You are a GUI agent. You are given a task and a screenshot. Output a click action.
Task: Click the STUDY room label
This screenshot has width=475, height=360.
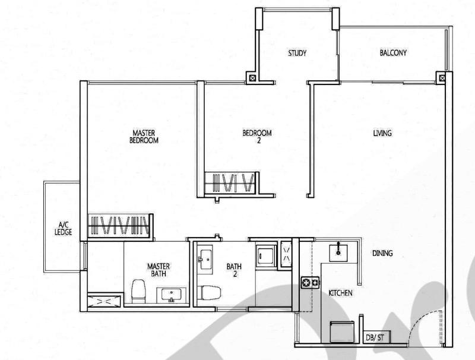click(297, 53)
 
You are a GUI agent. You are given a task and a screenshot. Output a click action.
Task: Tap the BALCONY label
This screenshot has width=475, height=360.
click(393, 53)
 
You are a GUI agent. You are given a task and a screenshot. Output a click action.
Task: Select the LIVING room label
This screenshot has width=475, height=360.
click(382, 134)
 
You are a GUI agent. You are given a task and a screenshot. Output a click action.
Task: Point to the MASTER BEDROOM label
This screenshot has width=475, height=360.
click(145, 137)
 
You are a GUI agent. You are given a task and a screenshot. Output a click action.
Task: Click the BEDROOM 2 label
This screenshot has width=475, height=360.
click(258, 137)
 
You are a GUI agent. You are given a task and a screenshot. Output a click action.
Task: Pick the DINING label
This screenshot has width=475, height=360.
click(382, 254)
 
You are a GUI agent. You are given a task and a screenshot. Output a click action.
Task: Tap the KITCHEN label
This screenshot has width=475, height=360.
click(341, 293)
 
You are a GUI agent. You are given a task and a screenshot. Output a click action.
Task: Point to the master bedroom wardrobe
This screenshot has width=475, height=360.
click(118, 226)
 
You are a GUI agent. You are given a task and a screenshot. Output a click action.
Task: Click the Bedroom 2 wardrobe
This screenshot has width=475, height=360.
click(230, 182)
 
